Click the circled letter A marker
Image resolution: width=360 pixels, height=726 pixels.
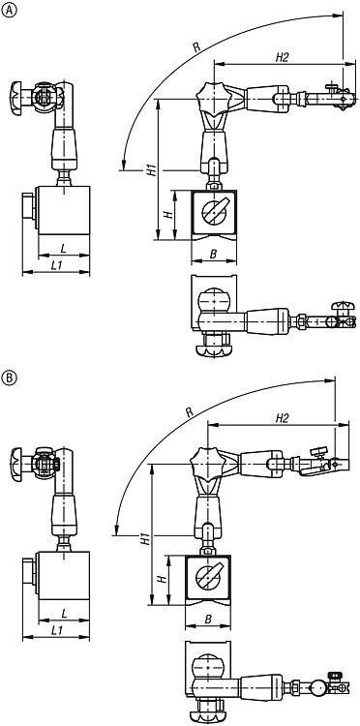click(x=10, y=11)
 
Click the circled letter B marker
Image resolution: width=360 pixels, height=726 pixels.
click(x=10, y=378)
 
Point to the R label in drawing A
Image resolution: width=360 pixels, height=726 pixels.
click(x=196, y=47)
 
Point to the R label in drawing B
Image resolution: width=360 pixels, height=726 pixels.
click(x=190, y=412)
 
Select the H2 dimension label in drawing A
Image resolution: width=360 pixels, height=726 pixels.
click(x=282, y=57)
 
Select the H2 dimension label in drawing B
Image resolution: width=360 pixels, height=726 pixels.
click(x=282, y=418)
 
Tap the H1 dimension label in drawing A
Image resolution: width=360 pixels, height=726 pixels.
click(x=151, y=169)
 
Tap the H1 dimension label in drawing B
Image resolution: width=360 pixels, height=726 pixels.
click(x=145, y=538)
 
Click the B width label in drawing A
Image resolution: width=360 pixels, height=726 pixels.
click(x=213, y=254)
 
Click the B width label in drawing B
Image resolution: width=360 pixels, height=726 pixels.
click(x=208, y=620)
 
